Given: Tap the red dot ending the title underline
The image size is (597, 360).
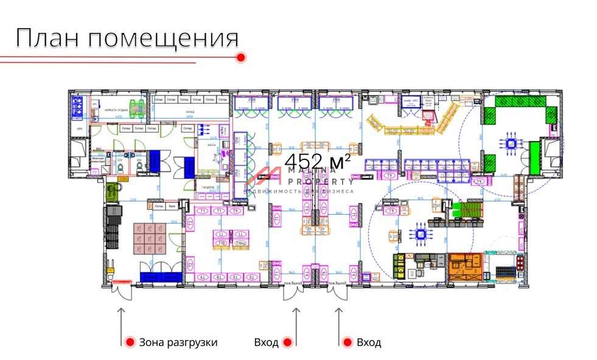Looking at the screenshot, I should click(x=240, y=57).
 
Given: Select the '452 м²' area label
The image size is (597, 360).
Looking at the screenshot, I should click(x=317, y=162).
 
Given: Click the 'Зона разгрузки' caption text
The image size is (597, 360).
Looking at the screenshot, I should click(x=178, y=342).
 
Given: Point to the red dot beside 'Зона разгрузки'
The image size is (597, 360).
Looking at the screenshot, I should click(x=129, y=342).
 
